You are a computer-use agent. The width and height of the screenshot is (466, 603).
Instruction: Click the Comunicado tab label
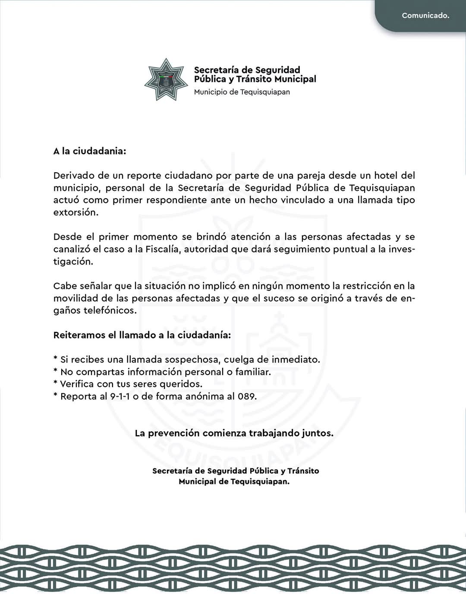[x=425, y=16]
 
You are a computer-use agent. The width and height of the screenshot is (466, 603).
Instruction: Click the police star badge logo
[x=166, y=79]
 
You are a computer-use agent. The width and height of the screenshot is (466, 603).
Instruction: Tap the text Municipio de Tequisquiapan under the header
[x=242, y=92]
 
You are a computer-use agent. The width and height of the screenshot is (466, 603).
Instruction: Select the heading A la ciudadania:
[x=90, y=152]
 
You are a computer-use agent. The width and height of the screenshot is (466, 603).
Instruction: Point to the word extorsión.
[x=76, y=212]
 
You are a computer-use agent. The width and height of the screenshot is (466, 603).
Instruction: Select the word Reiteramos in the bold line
[x=78, y=335]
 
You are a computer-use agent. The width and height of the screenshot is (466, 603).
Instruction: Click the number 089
[x=247, y=396]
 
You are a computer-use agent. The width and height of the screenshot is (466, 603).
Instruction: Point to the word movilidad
[x=76, y=298]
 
